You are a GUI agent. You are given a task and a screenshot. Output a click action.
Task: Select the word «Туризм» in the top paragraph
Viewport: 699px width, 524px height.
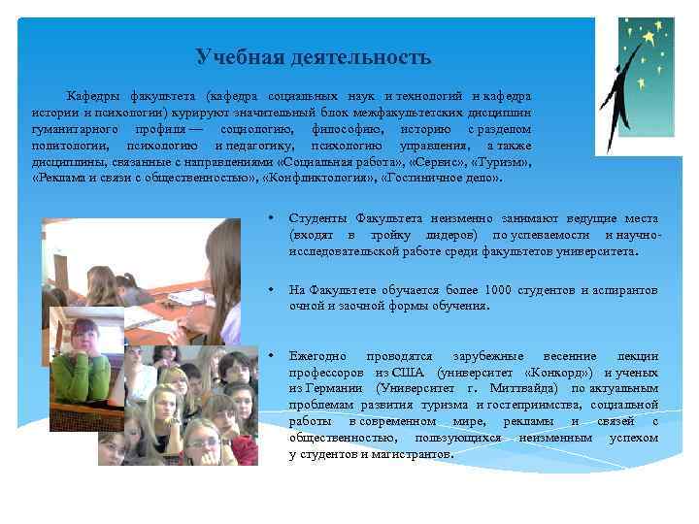click(x=500, y=162)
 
